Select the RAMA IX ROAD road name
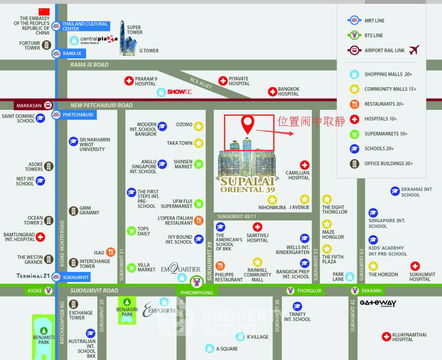coord(91,65)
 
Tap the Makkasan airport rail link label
coord(34,104)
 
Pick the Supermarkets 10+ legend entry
coord(387,132)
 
